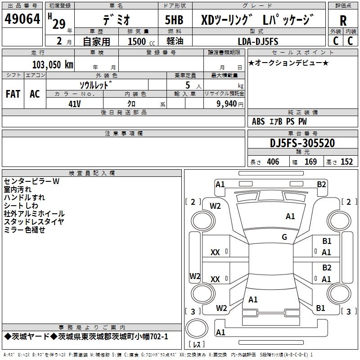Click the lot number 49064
(22, 19)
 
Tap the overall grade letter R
(343, 21)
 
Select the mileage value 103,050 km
(53, 64)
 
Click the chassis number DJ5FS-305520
(302, 143)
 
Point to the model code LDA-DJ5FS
(258, 41)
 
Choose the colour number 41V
(75, 104)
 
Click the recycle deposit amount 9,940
(227, 104)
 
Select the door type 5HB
(174, 20)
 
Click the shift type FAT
(13, 94)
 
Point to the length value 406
(273, 162)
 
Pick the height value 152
(346, 162)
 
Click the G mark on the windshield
(284, 237)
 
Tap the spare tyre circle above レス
(197, 328)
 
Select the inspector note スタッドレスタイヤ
(34, 221)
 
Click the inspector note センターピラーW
(31, 181)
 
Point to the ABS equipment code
(258, 121)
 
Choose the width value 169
(310, 162)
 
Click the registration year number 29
(59, 24)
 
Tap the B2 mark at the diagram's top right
(321, 184)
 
